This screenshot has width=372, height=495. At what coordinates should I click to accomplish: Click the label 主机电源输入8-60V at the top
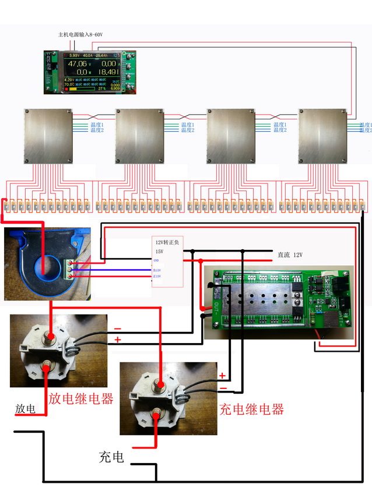[80, 35]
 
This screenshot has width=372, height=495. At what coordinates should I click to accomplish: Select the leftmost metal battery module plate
[48, 135]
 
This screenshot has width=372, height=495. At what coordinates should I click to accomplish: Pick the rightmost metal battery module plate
[322, 135]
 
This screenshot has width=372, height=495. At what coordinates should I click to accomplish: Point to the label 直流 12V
[290, 255]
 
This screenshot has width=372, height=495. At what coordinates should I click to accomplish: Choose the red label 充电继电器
[251, 409]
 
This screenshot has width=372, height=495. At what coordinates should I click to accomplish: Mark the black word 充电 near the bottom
[111, 457]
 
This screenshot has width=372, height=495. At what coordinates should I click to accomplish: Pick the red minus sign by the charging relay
[222, 388]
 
